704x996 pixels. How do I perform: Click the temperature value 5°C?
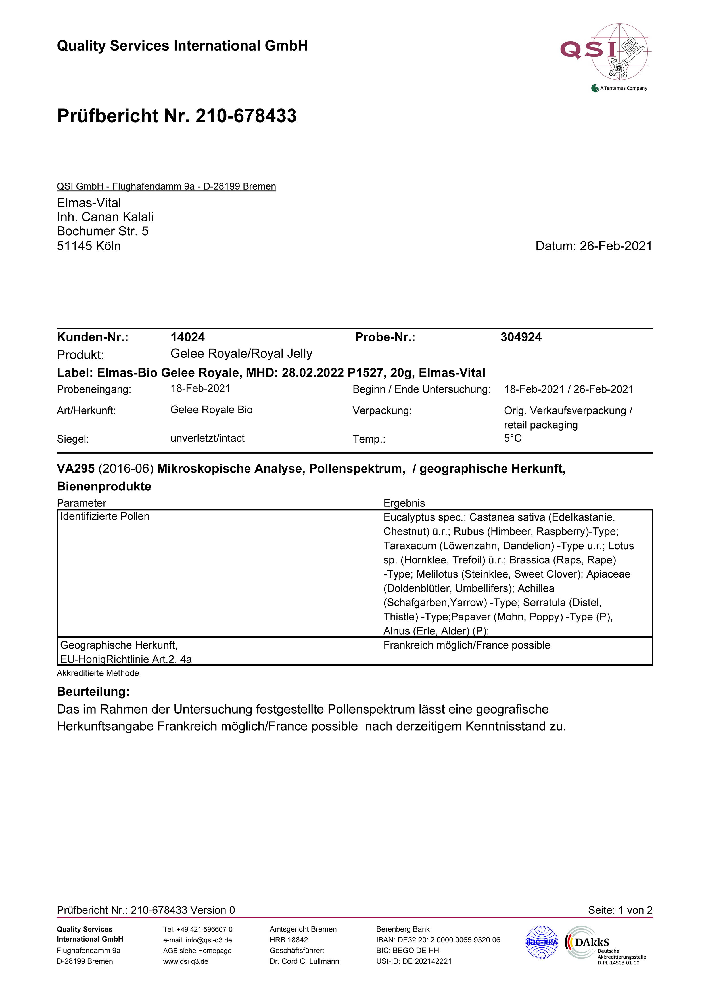point(513,438)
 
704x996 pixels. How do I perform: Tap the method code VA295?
point(76,469)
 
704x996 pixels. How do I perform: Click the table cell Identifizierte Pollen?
point(105,516)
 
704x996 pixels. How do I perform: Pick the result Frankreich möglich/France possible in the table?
point(467,645)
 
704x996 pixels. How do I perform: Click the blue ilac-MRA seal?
point(541,942)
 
